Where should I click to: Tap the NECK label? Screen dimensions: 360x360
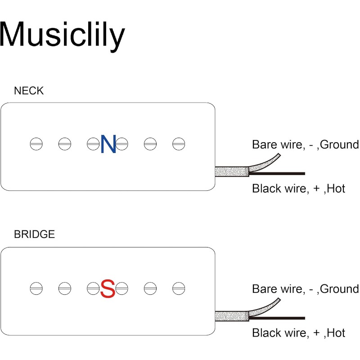click(x=29, y=90)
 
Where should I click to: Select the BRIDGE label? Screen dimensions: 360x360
click(x=34, y=234)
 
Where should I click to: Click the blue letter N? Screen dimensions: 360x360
click(x=108, y=144)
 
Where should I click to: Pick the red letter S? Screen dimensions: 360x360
click(x=108, y=288)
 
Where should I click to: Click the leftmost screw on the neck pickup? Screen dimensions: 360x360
click(x=36, y=144)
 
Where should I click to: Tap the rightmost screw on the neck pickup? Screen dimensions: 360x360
click(x=179, y=144)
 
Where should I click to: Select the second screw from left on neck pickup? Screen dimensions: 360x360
click(x=65, y=144)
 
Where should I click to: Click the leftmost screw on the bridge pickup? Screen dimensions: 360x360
click(x=36, y=288)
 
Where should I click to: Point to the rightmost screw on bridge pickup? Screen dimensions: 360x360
click(x=179, y=288)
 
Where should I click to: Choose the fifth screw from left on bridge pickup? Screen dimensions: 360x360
click(x=150, y=288)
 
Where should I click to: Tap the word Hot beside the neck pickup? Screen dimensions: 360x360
click(x=336, y=188)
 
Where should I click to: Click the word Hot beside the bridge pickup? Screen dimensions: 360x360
click(x=336, y=333)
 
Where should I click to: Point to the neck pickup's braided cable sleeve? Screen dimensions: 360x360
click(x=231, y=172)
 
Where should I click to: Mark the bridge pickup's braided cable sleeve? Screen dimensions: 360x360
click(x=231, y=316)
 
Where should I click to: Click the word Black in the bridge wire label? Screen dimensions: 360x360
click(x=265, y=333)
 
